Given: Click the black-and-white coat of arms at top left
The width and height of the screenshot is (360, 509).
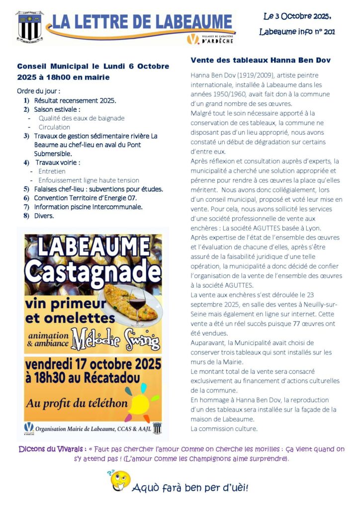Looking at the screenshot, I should coord(29,26).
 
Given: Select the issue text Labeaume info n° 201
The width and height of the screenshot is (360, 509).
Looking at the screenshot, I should coord(297,32).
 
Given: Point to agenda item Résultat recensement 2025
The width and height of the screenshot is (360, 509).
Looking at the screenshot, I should coord(75,100).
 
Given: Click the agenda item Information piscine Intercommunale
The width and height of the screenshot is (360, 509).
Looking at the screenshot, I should coord(89,207).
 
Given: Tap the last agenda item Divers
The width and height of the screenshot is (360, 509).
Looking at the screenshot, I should coord(44,216).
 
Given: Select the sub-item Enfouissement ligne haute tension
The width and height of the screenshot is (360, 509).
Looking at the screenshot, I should coord(89,180).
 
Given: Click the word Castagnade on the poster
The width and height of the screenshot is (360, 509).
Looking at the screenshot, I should coord(92,270).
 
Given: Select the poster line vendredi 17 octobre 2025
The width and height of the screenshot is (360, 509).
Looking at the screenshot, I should coord(92,362).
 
